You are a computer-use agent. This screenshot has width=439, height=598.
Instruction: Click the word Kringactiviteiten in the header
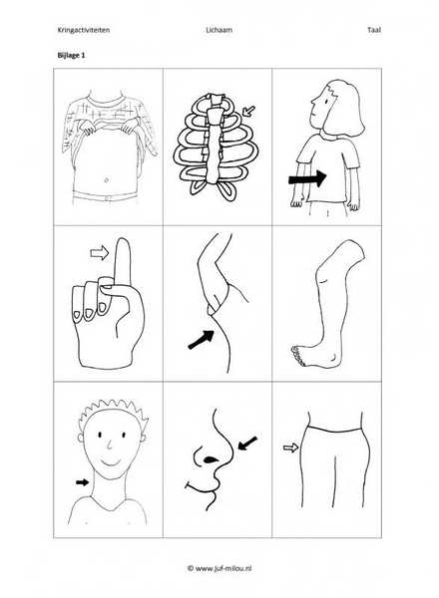(84, 30)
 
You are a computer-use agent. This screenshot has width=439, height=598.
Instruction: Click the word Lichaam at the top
(219, 30)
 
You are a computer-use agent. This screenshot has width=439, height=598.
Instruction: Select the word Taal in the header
(374, 30)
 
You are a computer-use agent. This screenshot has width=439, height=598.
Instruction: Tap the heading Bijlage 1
(72, 55)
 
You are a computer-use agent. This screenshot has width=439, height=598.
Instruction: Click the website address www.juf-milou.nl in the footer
(223, 568)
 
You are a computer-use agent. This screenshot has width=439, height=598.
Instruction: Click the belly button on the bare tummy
(106, 179)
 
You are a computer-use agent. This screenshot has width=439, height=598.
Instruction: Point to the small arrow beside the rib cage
(248, 112)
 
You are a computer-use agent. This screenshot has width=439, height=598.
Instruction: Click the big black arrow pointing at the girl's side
(307, 178)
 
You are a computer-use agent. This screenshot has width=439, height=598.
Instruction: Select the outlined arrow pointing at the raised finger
(100, 253)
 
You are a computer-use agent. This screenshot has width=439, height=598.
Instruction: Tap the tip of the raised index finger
(123, 239)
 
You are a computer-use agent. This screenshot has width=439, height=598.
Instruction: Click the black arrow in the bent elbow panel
(202, 339)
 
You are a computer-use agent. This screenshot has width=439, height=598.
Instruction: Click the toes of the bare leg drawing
(297, 356)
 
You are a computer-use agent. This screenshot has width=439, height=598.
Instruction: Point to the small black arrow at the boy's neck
(82, 482)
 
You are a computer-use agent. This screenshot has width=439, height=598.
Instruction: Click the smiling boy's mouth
(111, 462)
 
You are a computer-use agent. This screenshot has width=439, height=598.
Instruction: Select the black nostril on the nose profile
(210, 459)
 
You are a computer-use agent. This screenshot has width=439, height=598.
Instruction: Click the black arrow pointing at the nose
(247, 444)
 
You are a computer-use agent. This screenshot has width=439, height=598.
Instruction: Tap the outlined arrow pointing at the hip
(290, 448)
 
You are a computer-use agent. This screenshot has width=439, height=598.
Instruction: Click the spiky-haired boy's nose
(109, 445)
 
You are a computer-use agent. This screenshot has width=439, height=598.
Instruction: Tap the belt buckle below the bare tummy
(109, 198)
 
